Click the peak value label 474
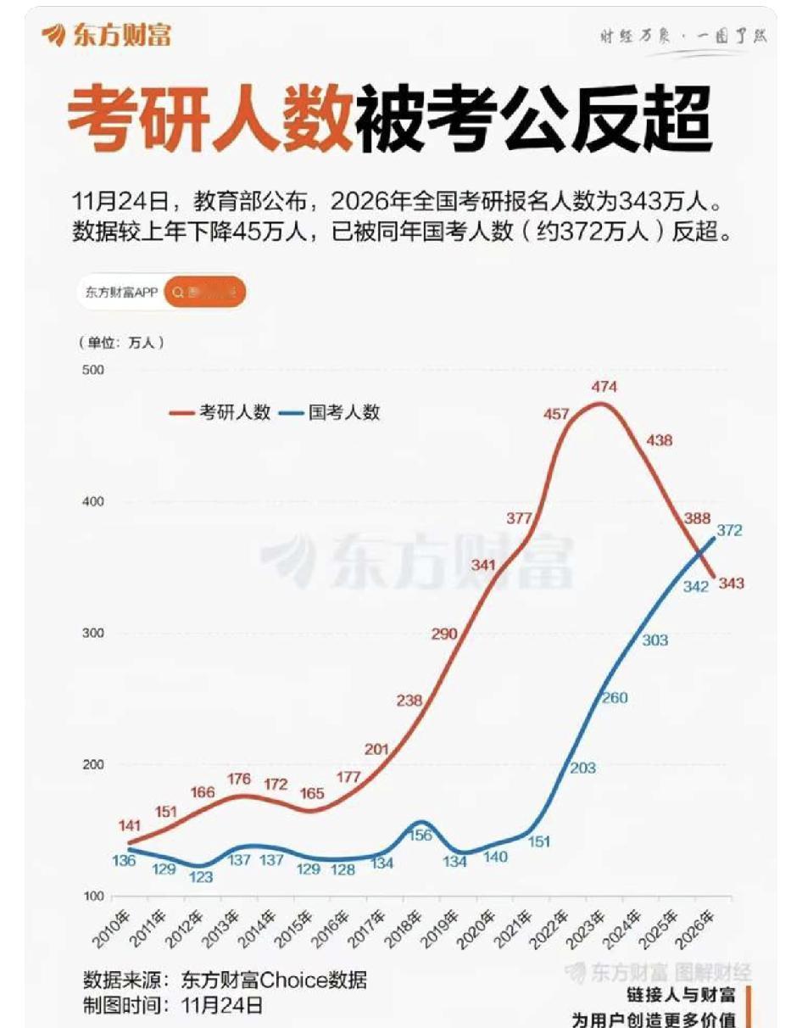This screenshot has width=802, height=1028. [x=604, y=387]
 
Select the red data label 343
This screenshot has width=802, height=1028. [x=731, y=584]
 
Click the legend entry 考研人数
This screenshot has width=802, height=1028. [x=222, y=413]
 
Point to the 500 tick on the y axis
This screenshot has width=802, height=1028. [x=92, y=370]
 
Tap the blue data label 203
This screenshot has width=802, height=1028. [x=583, y=768]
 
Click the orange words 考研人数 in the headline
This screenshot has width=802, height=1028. [x=209, y=124]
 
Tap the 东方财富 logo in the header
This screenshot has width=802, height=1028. [x=107, y=35]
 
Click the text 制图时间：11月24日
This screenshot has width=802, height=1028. [x=173, y=1006]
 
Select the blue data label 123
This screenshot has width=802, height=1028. [x=201, y=877]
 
